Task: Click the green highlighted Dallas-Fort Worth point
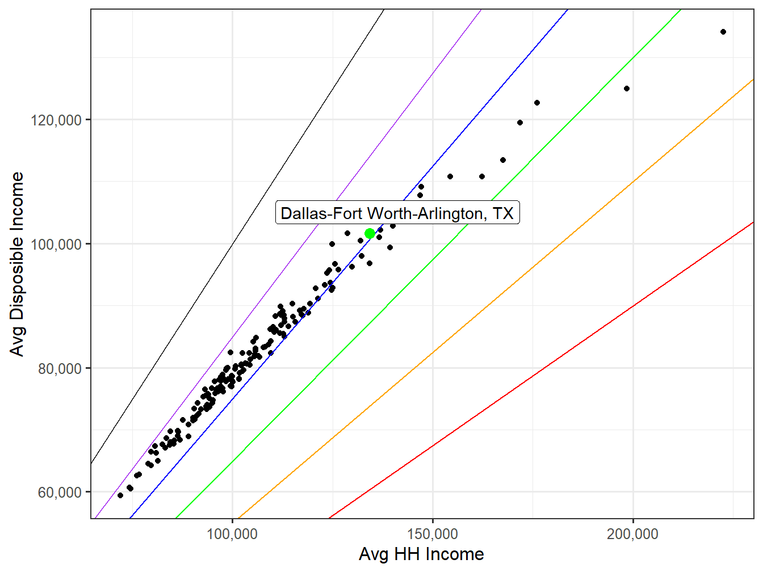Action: pos(370,233)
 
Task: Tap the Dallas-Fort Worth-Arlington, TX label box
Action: pos(397,213)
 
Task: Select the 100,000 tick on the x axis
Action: pos(232,534)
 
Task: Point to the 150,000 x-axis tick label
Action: pos(433,534)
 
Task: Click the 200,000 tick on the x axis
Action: pos(632,534)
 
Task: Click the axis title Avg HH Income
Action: pos(421,554)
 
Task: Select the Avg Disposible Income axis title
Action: pos(18,264)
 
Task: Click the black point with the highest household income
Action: pos(723,32)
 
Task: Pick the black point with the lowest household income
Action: pos(120,495)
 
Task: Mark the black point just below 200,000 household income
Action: pos(627,89)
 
